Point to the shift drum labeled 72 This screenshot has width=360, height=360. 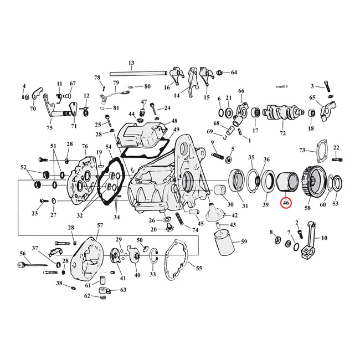(283, 114)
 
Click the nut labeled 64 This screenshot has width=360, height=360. (220, 73)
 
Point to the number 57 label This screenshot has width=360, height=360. (100, 225)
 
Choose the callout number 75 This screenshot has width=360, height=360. (49, 128)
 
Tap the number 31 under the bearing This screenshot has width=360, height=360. (239, 206)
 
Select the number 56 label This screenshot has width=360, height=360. (23, 253)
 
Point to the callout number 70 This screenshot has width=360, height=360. (33, 109)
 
